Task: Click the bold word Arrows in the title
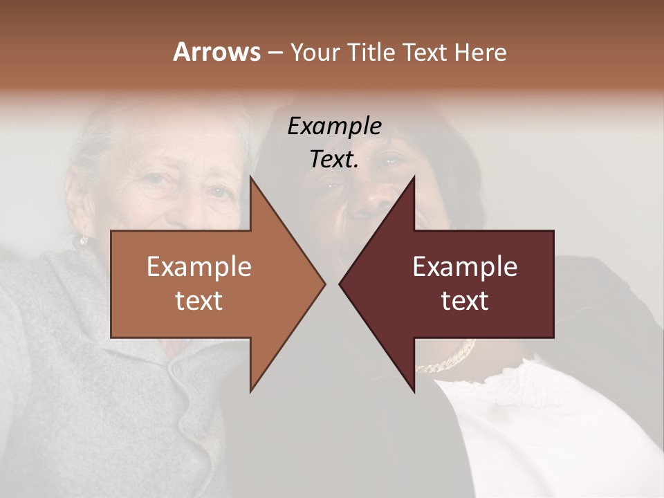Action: click(x=216, y=53)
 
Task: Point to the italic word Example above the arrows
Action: click(x=334, y=127)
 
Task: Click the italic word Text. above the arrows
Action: click(x=334, y=160)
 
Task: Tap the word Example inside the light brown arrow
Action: click(x=199, y=267)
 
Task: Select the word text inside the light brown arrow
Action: click(x=199, y=300)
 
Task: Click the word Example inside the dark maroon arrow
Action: click(x=465, y=267)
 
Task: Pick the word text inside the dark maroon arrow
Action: click(x=465, y=300)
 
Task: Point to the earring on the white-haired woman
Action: click(x=84, y=241)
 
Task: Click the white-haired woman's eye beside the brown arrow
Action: click(x=219, y=192)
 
